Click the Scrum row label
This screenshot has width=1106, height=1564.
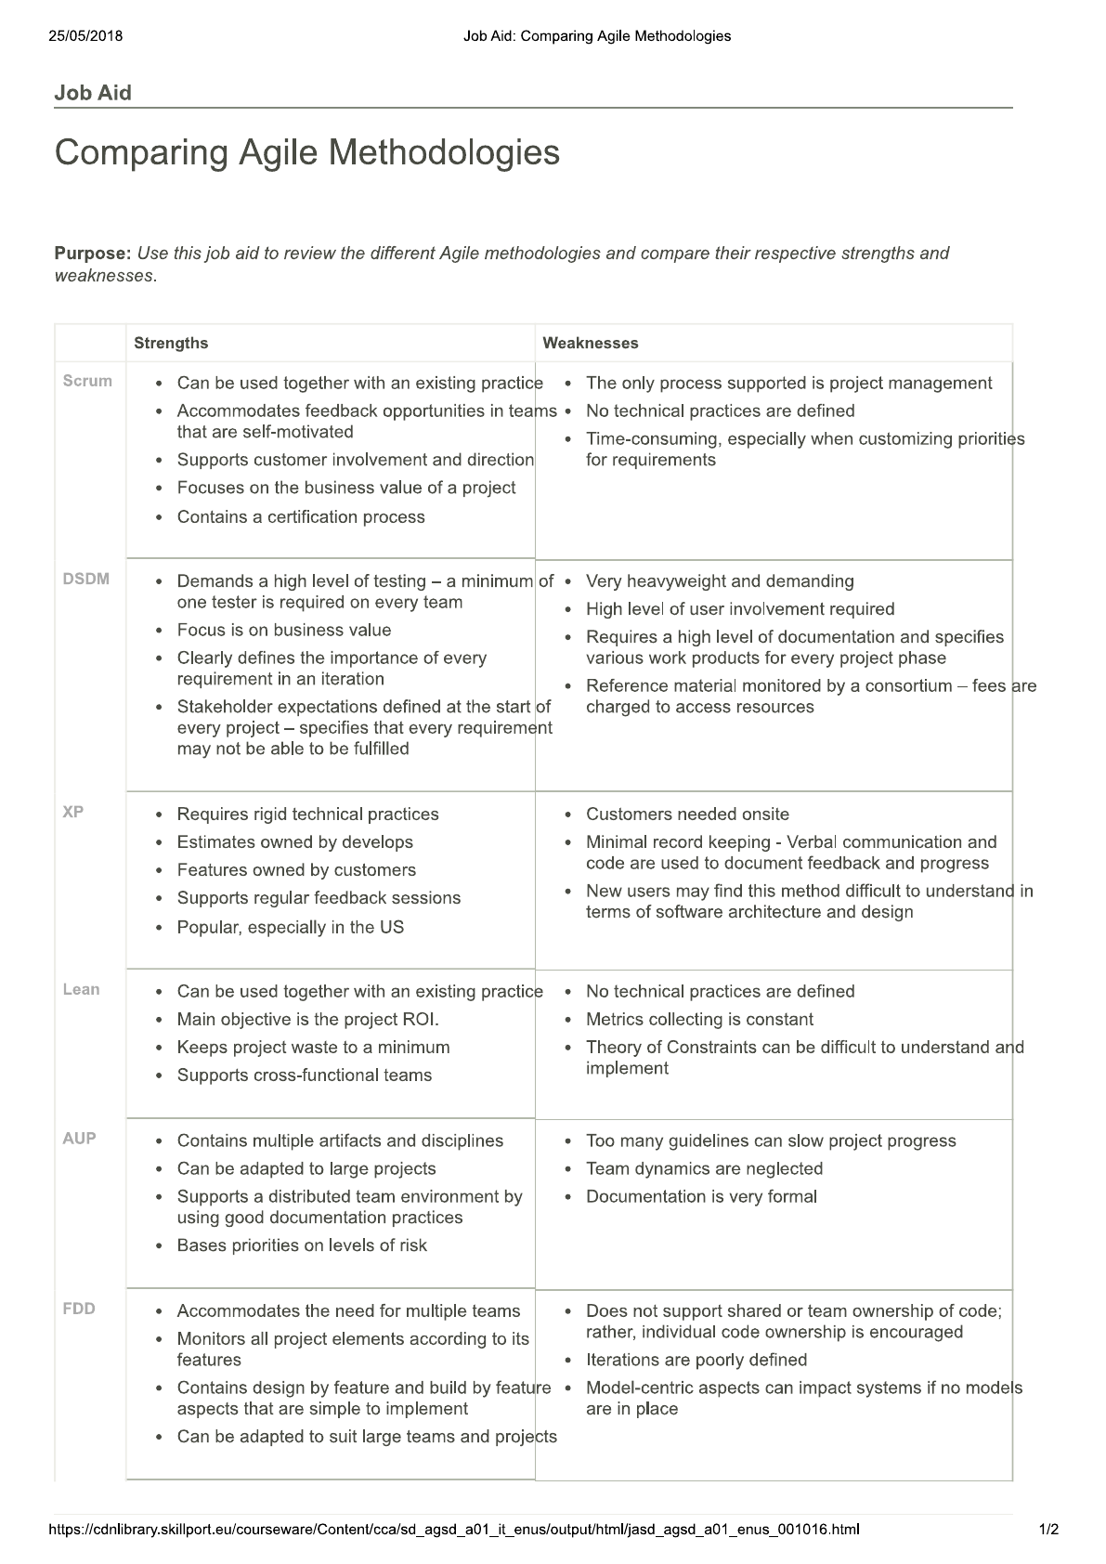point(87,381)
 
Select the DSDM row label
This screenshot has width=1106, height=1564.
point(86,579)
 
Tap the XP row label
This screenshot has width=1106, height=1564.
point(73,812)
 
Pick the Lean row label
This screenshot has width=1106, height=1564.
point(82,989)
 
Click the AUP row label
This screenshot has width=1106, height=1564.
point(80,1139)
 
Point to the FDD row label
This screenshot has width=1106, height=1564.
point(80,1309)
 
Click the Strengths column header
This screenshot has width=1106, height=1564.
point(171,343)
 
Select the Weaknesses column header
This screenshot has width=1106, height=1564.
point(591,343)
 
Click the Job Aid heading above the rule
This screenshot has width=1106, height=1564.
point(93,93)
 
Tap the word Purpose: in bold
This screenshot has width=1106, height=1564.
point(93,253)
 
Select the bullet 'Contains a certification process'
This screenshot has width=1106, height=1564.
point(301,517)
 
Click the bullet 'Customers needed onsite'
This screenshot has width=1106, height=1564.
point(687,815)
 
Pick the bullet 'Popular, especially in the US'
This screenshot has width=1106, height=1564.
point(291,927)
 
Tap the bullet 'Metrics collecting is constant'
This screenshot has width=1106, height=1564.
point(699,1020)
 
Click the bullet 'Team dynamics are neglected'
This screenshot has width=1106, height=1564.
point(704,1168)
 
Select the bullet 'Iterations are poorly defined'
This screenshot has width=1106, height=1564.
point(696,1360)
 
